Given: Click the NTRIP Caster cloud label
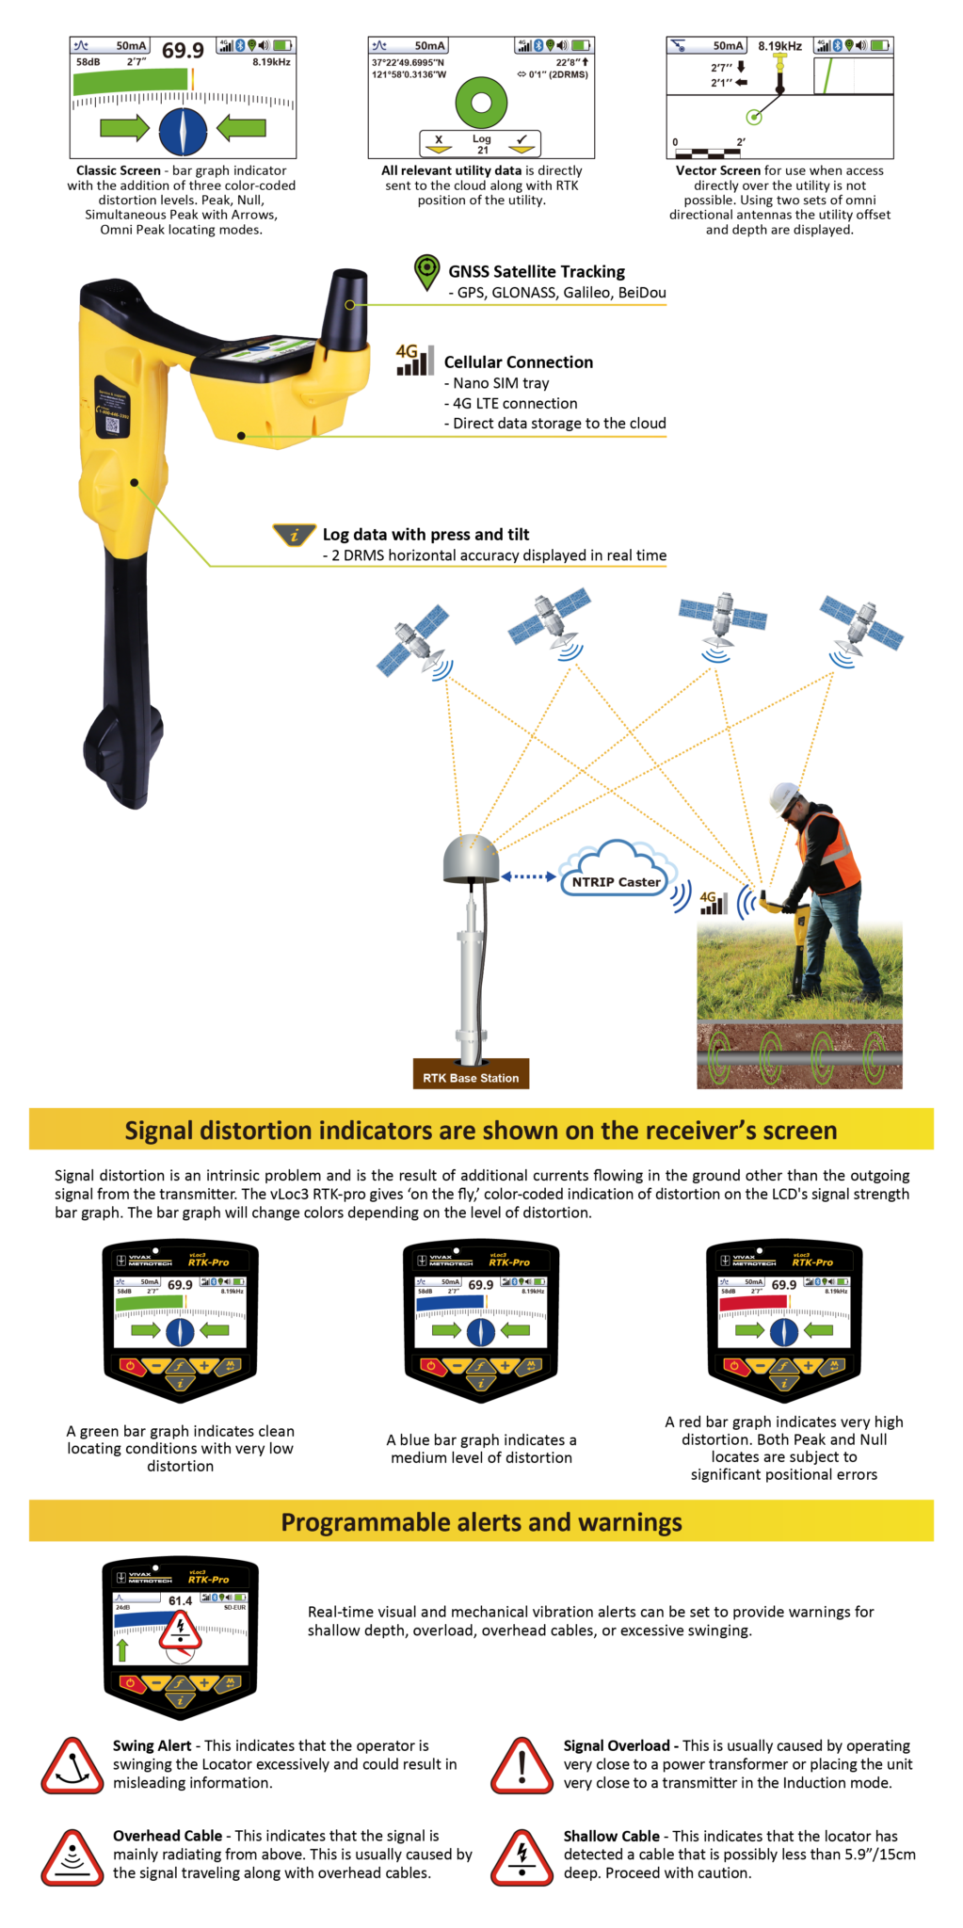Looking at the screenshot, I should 617,882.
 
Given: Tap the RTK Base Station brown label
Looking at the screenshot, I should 471,1077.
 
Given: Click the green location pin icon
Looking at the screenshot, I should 426,270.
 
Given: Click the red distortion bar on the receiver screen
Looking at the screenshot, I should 752,1302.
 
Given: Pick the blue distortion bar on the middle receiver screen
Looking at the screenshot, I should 450,1302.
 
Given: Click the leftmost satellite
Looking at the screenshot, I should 414,641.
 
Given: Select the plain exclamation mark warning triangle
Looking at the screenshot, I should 522,1767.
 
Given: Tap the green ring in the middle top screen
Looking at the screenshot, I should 481,103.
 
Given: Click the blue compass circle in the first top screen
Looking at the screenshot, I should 183,131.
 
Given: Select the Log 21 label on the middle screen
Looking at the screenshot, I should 482,144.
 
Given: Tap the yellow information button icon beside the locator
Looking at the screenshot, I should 295,535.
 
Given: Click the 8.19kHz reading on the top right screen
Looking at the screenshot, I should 779,45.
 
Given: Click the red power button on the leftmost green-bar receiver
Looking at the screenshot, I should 129,1366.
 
